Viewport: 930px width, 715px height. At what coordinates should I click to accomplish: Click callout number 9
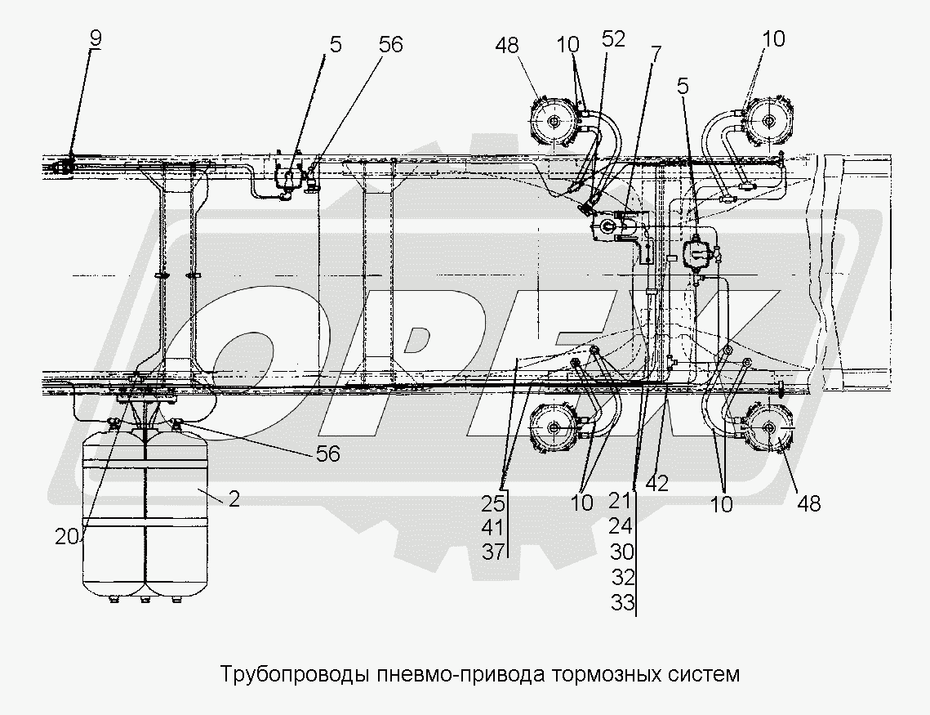pos(97,38)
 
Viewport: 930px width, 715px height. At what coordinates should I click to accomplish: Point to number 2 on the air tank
pos(234,499)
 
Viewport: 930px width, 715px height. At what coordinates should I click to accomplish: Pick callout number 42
pos(657,483)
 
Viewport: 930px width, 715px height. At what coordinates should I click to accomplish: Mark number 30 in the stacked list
pos(622,552)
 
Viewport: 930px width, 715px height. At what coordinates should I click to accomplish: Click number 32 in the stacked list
pos(622,578)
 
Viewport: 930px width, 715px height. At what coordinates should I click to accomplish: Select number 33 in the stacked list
pos(622,604)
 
